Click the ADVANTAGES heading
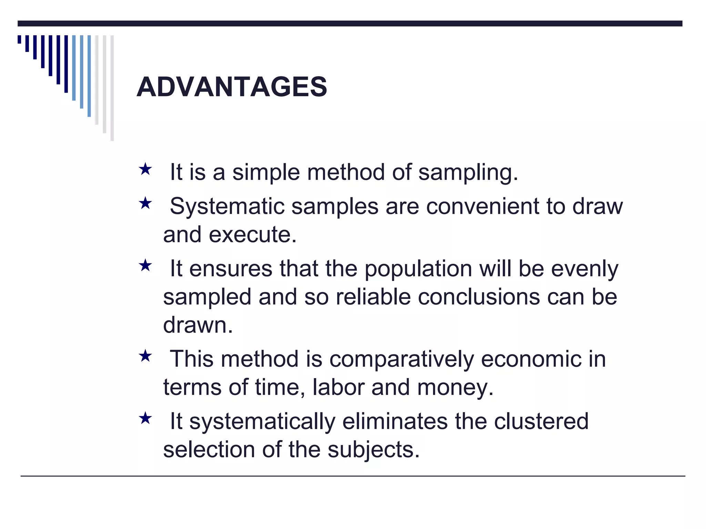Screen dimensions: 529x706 coord(232,87)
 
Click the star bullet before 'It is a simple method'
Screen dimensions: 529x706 coord(145,169)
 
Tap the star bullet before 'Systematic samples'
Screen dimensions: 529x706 coord(145,203)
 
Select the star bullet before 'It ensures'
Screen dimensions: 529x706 coord(145,266)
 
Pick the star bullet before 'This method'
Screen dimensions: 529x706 coord(145,356)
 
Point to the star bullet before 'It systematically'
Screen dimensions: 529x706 coord(145,418)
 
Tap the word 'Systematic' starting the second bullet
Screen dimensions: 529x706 coord(227,207)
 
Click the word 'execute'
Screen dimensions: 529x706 coord(252,235)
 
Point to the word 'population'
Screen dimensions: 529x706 coord(418,269)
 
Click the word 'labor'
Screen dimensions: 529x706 coord(338,387)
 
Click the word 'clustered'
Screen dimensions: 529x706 coord(541,422)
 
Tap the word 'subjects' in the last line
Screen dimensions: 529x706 coord(373,450)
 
